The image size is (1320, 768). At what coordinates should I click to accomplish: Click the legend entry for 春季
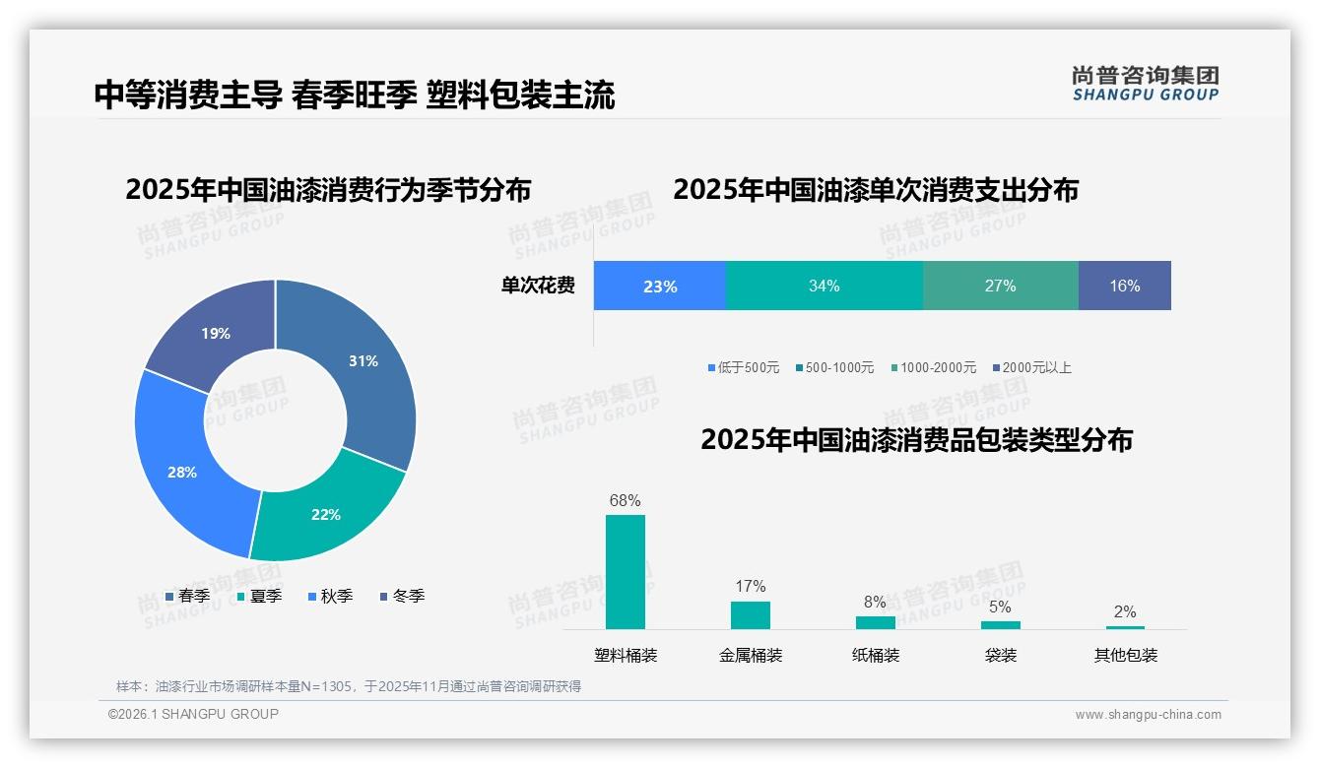pos(187,596)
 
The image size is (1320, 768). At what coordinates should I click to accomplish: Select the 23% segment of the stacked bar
pos(659,287)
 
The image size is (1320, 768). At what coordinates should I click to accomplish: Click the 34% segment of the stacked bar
pos(824,287)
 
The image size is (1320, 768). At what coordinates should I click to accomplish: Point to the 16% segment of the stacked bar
pos(1124,287)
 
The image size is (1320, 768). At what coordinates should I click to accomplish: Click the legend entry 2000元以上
pos(1031,367)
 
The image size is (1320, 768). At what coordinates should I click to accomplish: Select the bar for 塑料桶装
pos(625,571)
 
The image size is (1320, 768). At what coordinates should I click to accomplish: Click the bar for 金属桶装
pos(750,614)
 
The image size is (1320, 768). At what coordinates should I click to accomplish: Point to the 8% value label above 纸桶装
pos(875,603)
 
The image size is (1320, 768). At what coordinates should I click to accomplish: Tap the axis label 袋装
pos(1000,655)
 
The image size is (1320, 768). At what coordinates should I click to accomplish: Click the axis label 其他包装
pos(1125,655)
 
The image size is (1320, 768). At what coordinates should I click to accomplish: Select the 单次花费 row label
pos(538,287)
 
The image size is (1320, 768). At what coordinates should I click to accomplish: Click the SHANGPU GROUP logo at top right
pos(1145,84)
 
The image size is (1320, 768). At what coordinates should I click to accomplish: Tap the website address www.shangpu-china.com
pos(1148,715)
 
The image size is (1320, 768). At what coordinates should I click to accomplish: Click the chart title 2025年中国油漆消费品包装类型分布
pos(916,440)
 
